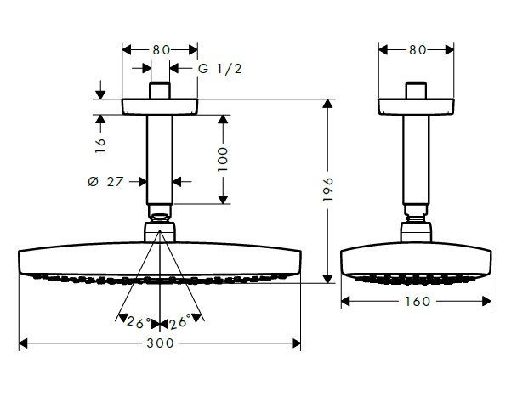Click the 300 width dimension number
[x=160, y=343]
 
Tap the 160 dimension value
[x=416, y=301]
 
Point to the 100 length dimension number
[x=224, y=159]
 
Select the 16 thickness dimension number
[x=99, y=145]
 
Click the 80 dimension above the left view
[x=160, y=49]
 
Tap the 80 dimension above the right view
[x=416, y=49]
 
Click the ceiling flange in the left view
[x=160, y=108]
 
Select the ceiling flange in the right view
[x=416, y=108]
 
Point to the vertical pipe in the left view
[x=160, y=157]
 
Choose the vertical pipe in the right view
[x=416, y=157]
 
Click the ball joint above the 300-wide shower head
[x=160, y=230]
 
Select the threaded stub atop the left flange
[x=160, y=90]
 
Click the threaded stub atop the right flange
[x=416, y=90]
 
